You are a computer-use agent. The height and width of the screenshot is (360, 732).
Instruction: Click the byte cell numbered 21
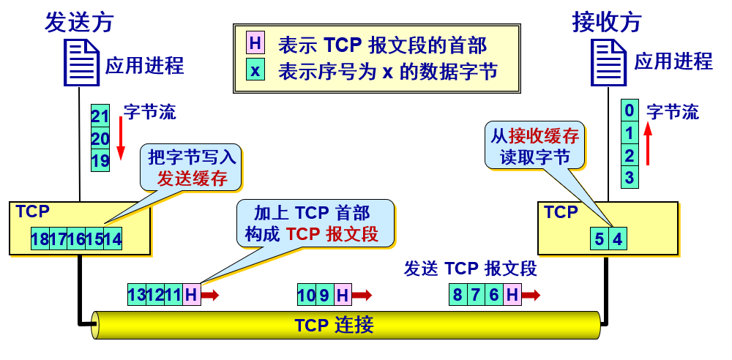pyautogui.click(x=100, y=116)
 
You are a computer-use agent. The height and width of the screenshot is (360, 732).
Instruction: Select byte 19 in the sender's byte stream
pyautogui.click(x=100, y=160)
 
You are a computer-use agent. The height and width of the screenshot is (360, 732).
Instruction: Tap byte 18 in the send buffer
pyautogui.click(x=40, y=239)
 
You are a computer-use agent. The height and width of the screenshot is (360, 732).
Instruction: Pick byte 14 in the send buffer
pyautogui.click(x=113, y=239)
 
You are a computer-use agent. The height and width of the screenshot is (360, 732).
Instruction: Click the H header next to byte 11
pyautogui.click(x=191, y=295)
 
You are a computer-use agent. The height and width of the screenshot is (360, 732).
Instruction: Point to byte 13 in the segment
pyautogui.click(x=137, y=295)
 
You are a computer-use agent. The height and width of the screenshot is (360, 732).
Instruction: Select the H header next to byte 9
pyautogui.click(x=343, y=295)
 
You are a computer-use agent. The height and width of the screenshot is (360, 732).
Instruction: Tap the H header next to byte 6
pyautogui.click(x=512, y=295)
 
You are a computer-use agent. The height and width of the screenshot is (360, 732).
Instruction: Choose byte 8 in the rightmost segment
pyautogui.click(x=458, y=295)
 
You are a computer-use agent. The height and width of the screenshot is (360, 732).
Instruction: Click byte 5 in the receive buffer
pyautogui.click(x=600, y=239)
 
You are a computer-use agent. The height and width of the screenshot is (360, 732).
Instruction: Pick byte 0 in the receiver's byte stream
pyautogui.click(x=629, y=111)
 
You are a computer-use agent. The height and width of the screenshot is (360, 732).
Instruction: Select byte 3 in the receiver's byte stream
pyautogui.click(x=629, y=176)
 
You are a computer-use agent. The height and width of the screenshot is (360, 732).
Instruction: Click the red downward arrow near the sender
pyautogui.click(x=121, y=141)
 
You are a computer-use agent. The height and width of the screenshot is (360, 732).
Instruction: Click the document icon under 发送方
pyautogui.click(x=81, y=63)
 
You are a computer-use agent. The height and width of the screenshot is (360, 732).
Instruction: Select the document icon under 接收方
pyautogui.click(x=608, y=63)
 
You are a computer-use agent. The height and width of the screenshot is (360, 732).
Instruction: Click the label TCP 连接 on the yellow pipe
pyautogui.click(x=333, y=324)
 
